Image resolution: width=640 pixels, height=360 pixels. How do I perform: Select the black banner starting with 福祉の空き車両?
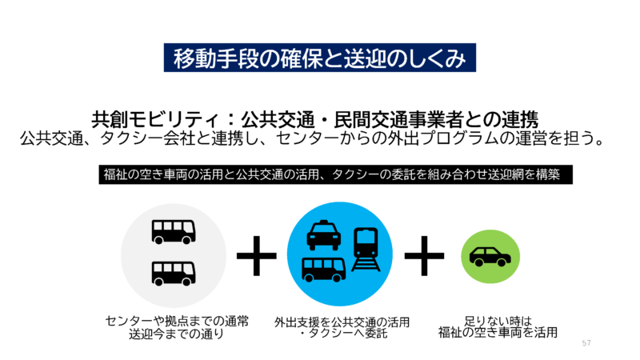336,174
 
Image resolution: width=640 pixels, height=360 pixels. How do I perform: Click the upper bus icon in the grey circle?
174,231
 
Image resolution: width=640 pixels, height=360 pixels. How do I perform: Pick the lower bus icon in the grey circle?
174,274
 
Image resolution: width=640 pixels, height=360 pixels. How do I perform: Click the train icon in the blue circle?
366,247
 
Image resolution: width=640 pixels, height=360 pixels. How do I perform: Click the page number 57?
586,342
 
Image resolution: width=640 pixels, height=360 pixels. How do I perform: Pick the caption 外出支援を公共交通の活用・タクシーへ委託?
342,327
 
